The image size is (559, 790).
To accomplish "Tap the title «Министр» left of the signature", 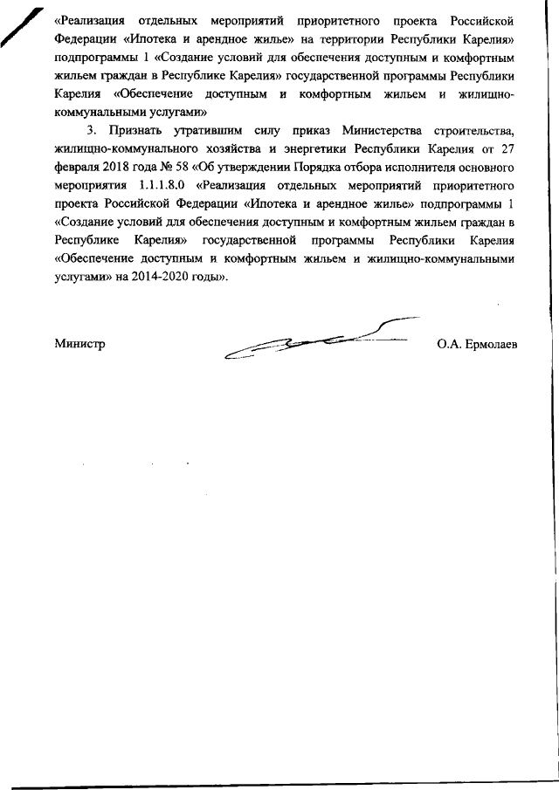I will (x=79, y=344).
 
